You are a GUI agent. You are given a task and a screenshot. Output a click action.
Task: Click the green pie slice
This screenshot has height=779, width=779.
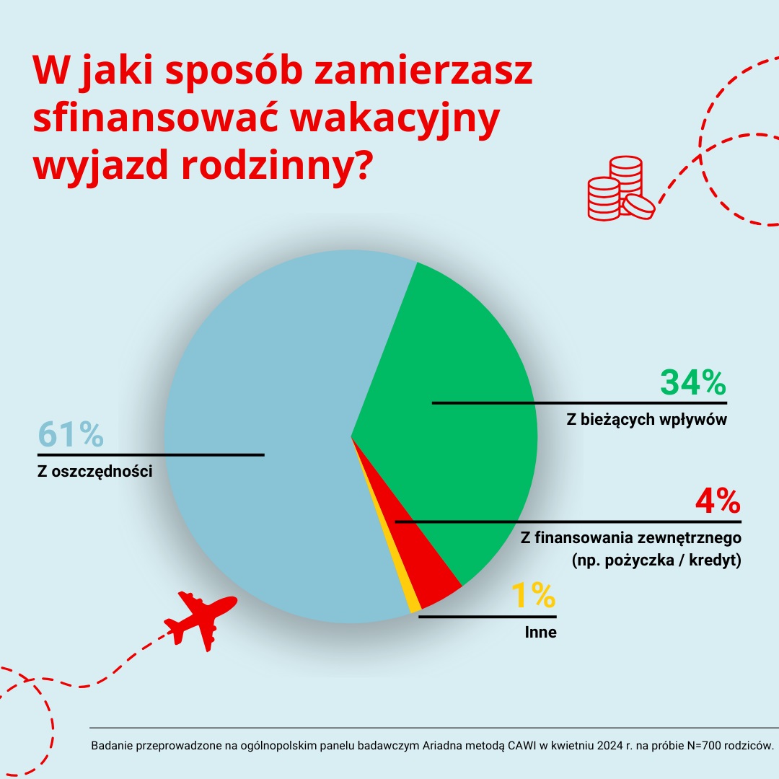tap(462, 361)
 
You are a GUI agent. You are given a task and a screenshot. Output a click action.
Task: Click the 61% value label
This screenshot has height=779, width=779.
tap(70, 436)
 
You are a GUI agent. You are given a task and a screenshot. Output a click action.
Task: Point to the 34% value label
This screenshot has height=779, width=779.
tap(692, 383)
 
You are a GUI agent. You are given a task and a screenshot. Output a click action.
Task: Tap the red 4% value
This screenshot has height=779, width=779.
tap(717, 501)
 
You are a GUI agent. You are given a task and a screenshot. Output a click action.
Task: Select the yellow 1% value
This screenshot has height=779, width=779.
tap(533, 597)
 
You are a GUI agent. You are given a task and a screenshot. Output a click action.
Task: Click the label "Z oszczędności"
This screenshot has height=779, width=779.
tap(94, 472)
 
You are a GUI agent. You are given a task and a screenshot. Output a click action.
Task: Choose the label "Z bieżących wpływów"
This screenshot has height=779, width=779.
tap(646, 420)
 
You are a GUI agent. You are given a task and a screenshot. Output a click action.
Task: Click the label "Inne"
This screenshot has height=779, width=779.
tap(540, 634)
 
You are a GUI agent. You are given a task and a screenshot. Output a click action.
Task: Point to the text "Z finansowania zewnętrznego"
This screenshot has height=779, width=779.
tap(630, 538)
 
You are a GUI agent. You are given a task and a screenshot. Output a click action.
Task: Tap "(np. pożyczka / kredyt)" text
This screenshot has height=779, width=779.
tap(656, 560)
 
